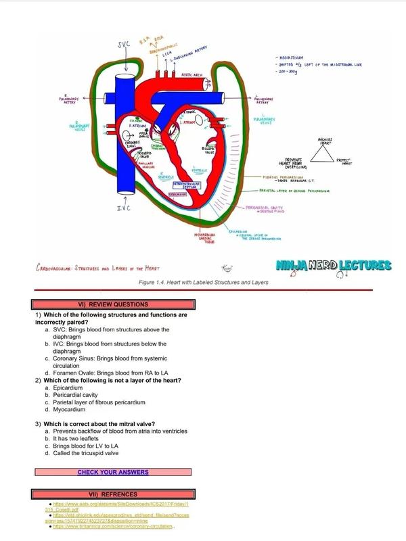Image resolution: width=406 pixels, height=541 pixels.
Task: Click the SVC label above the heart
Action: (x=125, y=45)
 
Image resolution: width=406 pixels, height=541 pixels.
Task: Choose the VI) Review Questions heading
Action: (x=112, y=304)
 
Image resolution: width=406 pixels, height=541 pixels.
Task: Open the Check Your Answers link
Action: (x=112, y=471)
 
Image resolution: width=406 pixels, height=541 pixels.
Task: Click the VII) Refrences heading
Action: (x=112, y=494)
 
